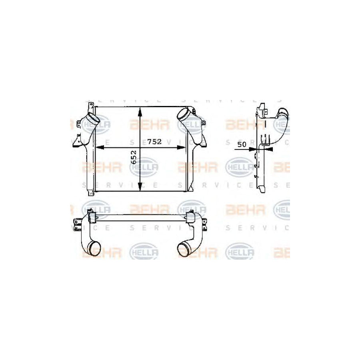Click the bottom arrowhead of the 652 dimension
point(140,187)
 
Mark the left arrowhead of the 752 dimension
point(100,147)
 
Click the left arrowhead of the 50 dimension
point(253,149)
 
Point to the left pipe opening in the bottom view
point(94,250)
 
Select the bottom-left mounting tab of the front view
point(91,194)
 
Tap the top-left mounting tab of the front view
point(91,105)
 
